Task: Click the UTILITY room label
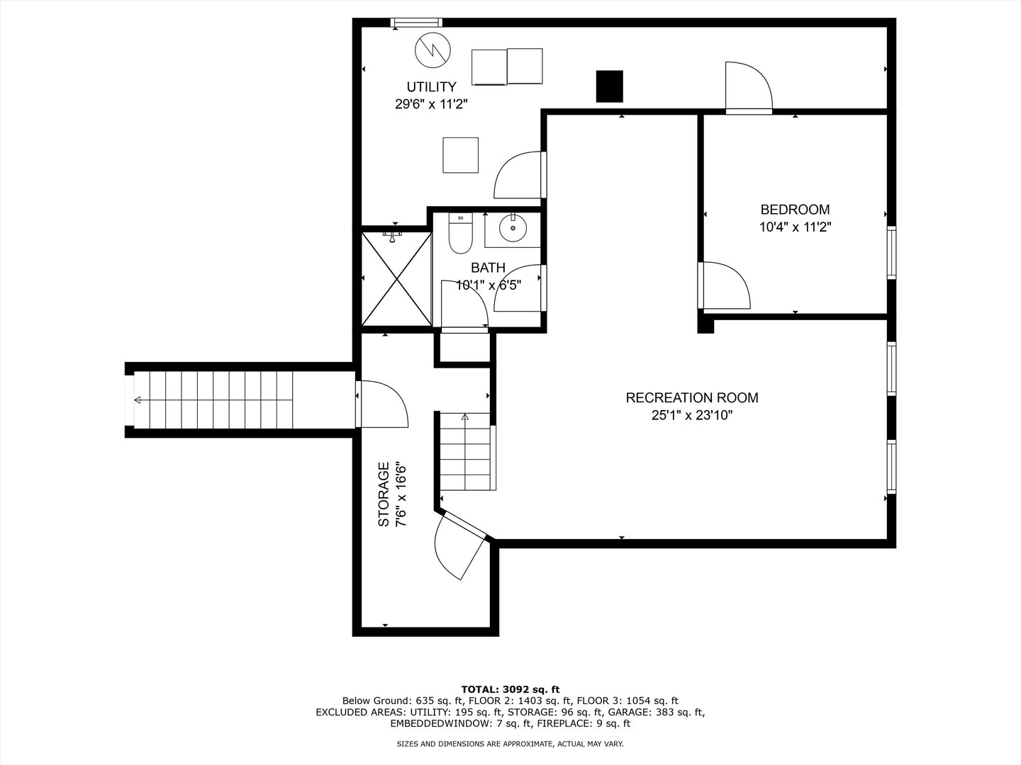click(x=431, y=87)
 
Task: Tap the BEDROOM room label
click(x=795, y=210)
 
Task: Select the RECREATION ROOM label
click(x=692, y=397)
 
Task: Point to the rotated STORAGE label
click(x=384, y=494)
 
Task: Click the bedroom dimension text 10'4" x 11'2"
click(x=795, y=227)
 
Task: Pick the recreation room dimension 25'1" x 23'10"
click(x=692, y=415)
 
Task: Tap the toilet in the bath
click(x=460, y=233)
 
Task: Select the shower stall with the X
click(x=397, y=278)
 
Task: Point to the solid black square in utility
click(x=609, y=86)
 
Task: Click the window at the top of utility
click(x=415, y=22)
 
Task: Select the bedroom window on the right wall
click(x=891, y=253)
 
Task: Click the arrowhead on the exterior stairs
click(x=138, y=400)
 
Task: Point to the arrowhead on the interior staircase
click(x=464, y=416)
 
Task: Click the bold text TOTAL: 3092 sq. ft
click(x=510, y=689)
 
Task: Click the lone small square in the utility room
click(x=460, y=155)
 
